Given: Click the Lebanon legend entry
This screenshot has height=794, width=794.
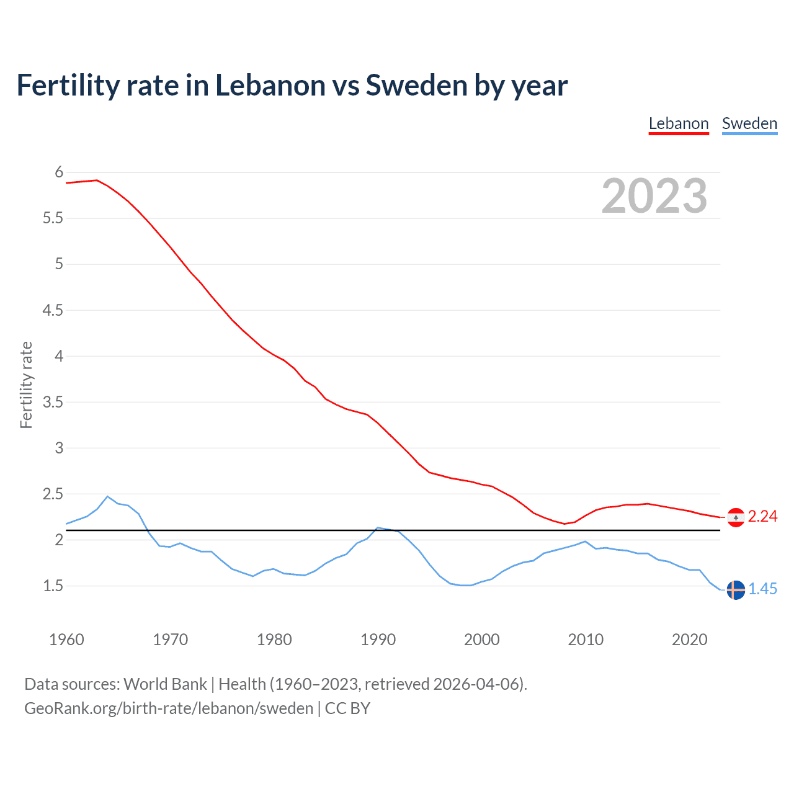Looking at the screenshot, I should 679,123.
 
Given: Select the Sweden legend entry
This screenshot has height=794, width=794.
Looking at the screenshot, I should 749,123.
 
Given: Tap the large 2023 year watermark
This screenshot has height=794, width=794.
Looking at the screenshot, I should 654,196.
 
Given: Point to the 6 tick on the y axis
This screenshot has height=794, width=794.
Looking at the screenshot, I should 59,172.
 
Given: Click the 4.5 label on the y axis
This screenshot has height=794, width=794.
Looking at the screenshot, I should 53,310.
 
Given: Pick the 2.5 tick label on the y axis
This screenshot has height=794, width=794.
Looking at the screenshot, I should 53,494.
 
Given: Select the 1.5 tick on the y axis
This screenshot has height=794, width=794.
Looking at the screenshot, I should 53,586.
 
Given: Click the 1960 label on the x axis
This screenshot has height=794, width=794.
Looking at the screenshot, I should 66,640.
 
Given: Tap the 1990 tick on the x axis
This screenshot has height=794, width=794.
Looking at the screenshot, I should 378,640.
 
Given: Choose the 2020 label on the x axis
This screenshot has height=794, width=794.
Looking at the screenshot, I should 689,640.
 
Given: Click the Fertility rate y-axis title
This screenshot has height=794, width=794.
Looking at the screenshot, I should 26,385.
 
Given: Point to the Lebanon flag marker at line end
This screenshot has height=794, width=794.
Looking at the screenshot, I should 736,517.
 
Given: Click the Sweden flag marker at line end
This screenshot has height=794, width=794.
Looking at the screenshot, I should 736,590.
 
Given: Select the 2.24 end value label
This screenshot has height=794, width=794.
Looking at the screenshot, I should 762,517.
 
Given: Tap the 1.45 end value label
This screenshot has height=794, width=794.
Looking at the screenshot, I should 762,589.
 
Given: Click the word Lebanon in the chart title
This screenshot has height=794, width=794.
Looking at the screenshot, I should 270,86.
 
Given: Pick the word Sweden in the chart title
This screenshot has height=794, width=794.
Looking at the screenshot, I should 416,86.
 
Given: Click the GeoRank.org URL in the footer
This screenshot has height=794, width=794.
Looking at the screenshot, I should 169,708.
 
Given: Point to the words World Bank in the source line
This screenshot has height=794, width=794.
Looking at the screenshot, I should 165,684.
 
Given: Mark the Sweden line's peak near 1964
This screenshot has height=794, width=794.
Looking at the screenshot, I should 107,496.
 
